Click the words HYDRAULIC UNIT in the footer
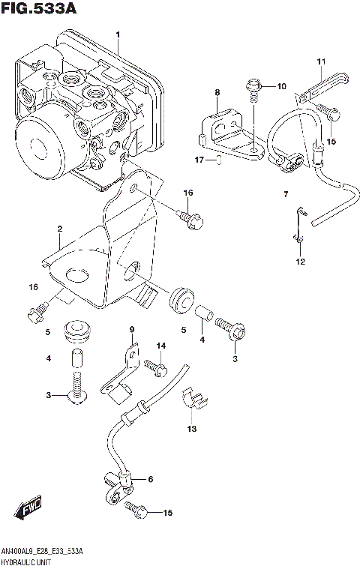28,561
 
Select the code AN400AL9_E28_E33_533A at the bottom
42,551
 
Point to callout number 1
117,34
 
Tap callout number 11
320,61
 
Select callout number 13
192,429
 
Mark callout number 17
200,160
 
